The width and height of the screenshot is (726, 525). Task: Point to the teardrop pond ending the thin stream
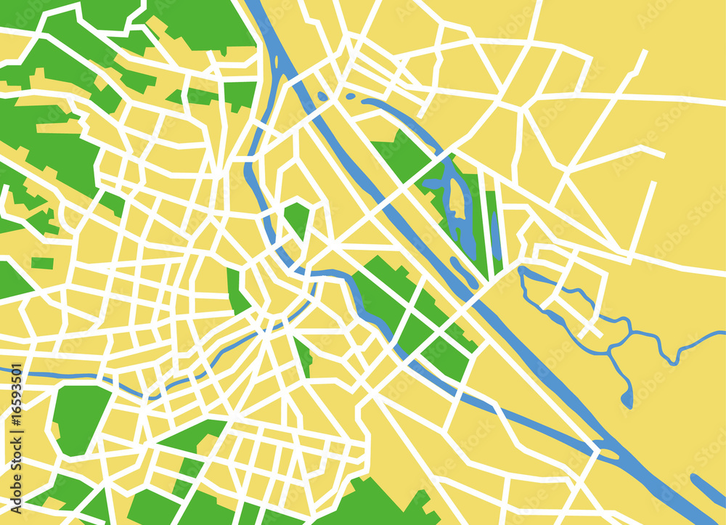(x=627, y=399)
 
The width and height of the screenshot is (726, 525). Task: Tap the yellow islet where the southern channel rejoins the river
(x=608, y=454)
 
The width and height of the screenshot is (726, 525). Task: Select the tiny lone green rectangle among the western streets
(x=42, y=263)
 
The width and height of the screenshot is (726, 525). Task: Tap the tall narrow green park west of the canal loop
(x=234, y=290)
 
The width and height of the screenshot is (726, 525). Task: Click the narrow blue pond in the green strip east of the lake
(x=496, y=236)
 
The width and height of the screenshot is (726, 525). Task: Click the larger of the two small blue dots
(x=323, y=96)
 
